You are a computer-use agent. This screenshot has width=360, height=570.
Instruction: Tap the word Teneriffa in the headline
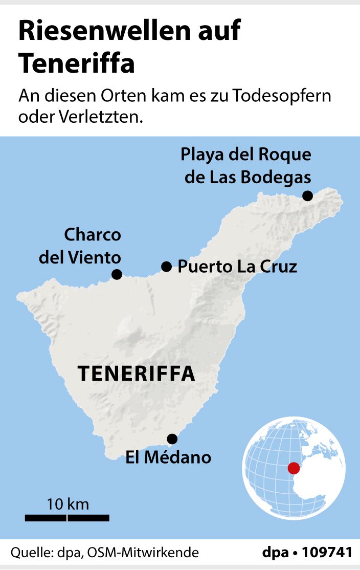[77, 63]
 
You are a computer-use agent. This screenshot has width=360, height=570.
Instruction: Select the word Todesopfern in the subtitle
[282, 96]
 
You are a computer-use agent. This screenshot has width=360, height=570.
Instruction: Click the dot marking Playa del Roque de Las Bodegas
[307, 195]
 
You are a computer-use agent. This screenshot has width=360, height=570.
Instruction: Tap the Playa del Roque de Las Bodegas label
[246, 165]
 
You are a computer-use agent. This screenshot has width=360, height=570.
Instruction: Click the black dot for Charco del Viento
[117, 274]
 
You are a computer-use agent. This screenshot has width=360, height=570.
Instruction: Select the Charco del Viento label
[81, 246]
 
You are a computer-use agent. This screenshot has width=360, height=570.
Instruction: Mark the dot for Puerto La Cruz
[166, 266]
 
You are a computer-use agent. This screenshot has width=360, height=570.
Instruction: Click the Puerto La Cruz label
[237, 267]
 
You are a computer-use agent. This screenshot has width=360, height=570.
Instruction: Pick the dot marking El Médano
[172, 439]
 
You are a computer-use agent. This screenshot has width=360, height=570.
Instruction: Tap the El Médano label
[168, 457]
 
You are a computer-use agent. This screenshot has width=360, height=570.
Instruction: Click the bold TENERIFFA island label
[137, 374]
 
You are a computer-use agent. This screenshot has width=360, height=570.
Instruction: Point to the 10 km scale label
[67, 504]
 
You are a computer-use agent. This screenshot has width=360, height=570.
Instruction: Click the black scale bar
[67, 518]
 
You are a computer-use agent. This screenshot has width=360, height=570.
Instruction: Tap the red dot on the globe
[293, 468]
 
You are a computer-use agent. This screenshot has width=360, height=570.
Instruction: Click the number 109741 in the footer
[327, 553]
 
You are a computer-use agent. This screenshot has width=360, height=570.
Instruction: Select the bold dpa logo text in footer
[276, 553]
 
